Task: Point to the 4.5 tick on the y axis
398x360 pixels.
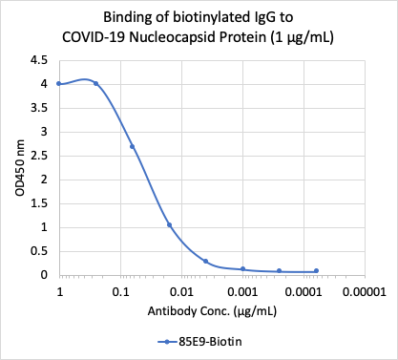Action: [39, 60]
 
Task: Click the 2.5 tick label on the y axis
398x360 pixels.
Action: [39, 156]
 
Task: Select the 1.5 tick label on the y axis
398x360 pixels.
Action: [39, 203]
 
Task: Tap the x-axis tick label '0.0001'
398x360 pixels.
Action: [304, 290]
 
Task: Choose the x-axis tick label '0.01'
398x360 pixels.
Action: [182, 290]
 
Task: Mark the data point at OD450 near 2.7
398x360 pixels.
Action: [133, 146]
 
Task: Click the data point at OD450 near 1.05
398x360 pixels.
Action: [169, 225]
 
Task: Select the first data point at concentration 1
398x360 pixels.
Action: [59, 84]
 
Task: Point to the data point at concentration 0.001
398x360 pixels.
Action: [242, 269]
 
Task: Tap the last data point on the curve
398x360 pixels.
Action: [316, 271]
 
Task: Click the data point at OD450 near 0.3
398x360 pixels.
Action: [206, 261]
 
